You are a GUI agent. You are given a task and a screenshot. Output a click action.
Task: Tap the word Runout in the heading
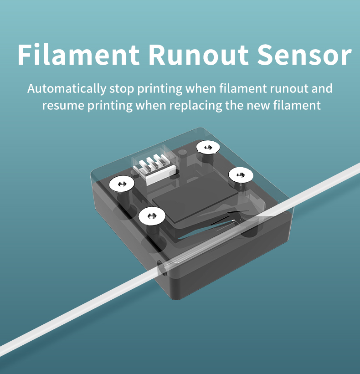(x=198, y=55)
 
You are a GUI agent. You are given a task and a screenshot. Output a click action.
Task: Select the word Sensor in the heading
(x=304, y=55)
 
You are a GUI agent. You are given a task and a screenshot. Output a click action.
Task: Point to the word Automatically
(x=67, y=88)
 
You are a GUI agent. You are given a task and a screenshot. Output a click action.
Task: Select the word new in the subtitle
(x=257, y=106)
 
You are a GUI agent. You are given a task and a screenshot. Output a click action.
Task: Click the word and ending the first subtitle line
(x=322, y=88)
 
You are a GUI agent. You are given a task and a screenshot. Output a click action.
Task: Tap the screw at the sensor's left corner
(x=122, y=184)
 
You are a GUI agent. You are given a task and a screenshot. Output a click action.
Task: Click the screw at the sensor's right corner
(x=240, y=174)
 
